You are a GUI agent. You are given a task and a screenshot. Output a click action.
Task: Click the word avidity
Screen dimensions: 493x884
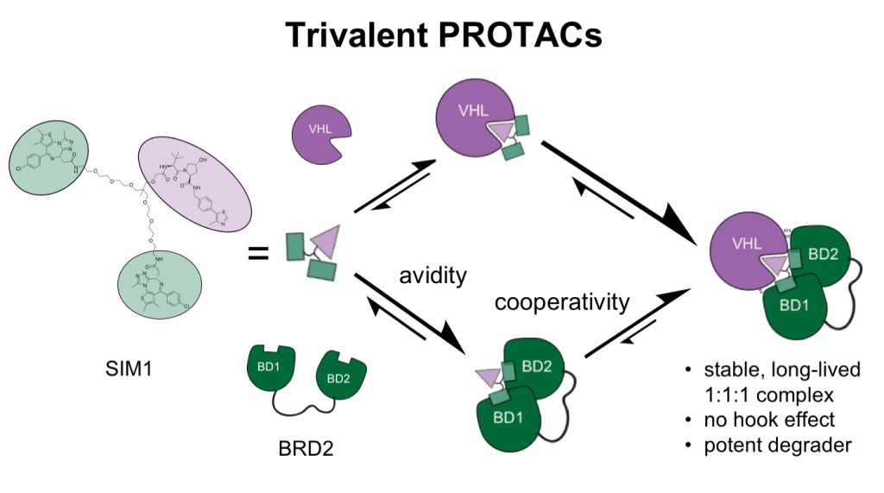tap(433, 276)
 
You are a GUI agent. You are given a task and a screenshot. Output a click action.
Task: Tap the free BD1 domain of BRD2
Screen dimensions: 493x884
tap(267, 366)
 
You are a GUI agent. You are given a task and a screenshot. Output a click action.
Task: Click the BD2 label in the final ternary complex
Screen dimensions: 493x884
tap(821, 250)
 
